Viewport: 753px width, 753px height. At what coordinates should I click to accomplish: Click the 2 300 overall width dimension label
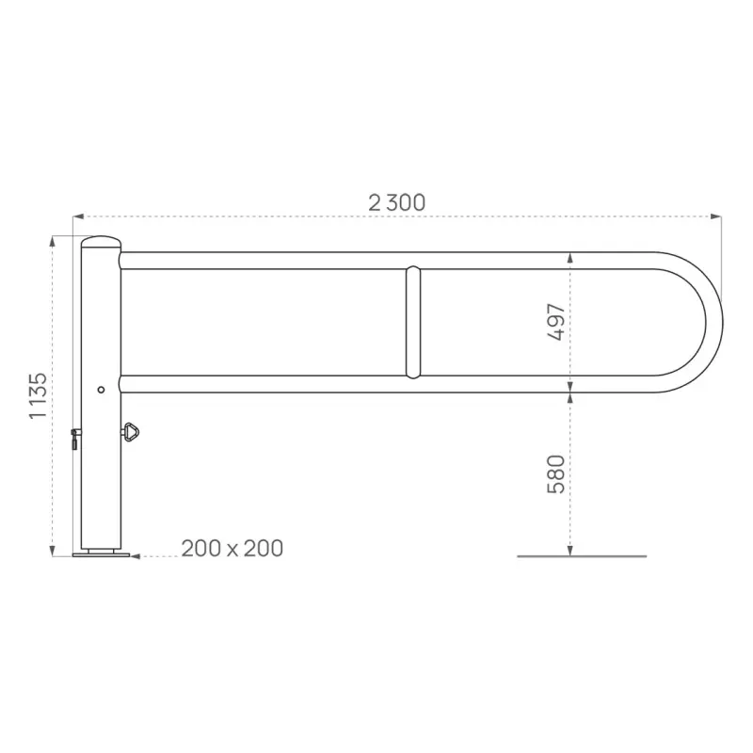[x=396, y=201]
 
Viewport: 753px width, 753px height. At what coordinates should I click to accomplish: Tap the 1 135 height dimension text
[x=38, y=395]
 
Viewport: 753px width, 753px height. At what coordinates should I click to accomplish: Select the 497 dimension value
[x=556, y=322]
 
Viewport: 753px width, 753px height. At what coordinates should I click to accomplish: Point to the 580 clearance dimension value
[x=556, y=473]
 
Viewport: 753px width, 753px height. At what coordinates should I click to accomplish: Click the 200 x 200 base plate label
[x=232, y=548]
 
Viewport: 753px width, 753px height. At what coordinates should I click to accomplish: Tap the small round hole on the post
[x=101, y=389]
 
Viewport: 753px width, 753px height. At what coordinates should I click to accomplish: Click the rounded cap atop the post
[x=101, y=242]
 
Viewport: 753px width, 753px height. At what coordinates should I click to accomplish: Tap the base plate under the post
[x=101, y=554]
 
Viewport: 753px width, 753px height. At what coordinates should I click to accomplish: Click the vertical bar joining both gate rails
[x=412, y=322]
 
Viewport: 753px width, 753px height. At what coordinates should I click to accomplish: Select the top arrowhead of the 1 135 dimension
[x=54, y=240]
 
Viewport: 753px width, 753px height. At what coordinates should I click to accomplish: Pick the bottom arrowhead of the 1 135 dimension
[x=54, y=551]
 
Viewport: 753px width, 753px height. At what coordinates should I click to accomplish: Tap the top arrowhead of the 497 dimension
[x=569, y=256]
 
